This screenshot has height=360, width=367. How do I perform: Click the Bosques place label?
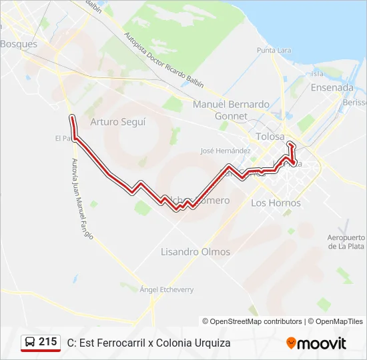(x=19, y=44)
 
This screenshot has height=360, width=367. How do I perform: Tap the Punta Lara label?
(x=275, y=51)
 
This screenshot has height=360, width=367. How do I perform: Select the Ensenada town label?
(x=332, y=87)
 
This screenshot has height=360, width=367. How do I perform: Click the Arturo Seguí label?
(x=118, y=122)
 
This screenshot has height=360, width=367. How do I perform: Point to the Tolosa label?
(x=270, y=137)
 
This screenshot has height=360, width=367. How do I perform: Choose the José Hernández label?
(x=225, y=151)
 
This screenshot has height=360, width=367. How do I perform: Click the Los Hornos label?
(x=276, y=203)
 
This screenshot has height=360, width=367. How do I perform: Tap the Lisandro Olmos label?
(x=196, y=252)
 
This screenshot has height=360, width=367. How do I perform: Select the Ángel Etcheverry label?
(x=166, y=290)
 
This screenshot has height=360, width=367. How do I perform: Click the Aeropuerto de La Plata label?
(x=346, y=241)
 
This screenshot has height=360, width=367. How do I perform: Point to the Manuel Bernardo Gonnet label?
(x=231, y=110)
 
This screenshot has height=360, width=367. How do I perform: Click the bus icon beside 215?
(x=30, y=343)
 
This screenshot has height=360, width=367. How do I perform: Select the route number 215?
(x=48, y=342)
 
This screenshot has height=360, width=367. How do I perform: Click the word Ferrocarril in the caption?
(x=121, y=343)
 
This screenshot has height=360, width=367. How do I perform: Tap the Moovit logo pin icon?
(x=291, y=343)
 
